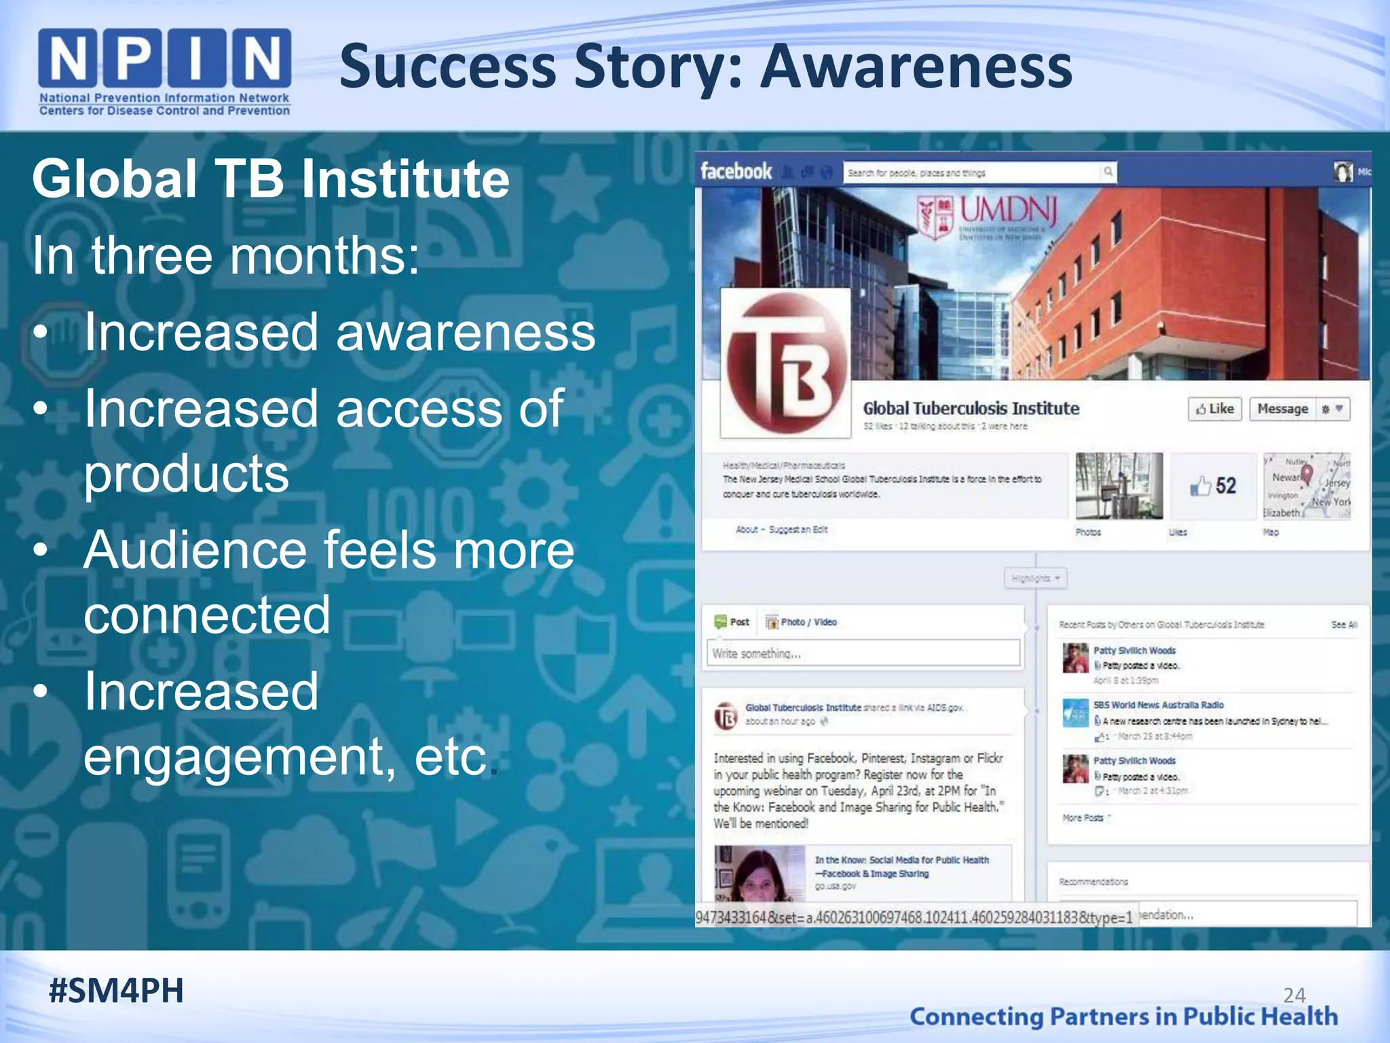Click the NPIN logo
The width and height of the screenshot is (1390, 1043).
click(165, 71)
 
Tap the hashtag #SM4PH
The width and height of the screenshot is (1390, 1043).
click(116, 991)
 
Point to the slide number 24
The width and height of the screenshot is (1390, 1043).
click(1294, 995)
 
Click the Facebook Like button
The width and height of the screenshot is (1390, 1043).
click(1214, 409)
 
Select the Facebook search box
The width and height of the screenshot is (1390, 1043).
click(974, 172)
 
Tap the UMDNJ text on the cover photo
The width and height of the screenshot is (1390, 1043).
click(1008, 212)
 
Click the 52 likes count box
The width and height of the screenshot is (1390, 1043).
click(1214, 486)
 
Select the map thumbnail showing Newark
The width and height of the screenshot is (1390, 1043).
click(1307, 486)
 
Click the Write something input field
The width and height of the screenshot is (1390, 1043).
click(863, 653)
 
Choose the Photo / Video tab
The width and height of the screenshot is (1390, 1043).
click(802, 622)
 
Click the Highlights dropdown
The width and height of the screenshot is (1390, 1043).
click(1035, 579)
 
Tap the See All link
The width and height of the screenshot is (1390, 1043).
click(1344, 625)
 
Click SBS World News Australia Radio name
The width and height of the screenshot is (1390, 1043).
click(1158, 705)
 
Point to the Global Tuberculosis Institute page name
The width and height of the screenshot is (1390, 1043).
click(971, 409)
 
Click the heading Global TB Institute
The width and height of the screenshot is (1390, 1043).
click(270, 179)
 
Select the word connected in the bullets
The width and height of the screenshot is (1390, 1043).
click(207, 615)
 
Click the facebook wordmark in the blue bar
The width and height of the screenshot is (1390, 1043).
click(736, 171)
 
